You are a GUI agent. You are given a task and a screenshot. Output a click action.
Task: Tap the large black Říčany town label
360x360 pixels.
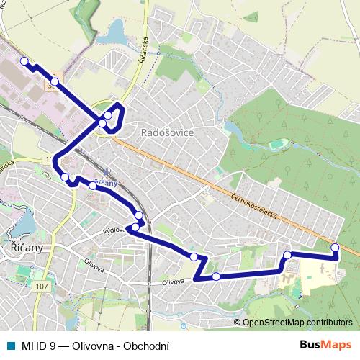pyautogui.click(x=27, y=246)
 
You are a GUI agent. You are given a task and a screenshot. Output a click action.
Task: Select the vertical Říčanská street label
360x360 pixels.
pyautogui.click(x=144, y=53)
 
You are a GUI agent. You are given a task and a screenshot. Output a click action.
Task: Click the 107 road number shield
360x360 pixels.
pyautogui.click(x=41, y=287)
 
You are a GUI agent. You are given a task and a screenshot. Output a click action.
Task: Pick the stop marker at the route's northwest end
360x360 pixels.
pyautogui.click(x=24, y=62)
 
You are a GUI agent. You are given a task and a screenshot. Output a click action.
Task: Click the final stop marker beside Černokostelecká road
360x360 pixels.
pyautogui.click(x=335, y=248)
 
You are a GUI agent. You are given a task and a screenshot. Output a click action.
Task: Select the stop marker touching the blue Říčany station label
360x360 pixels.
pyautogui.click(x=93, y=185)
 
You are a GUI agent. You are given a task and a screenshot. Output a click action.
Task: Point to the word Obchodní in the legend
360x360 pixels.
pyautogui.click(x=147, y=344)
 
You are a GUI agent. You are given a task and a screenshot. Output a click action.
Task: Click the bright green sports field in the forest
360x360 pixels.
pyautogui.click(x=276, y=145)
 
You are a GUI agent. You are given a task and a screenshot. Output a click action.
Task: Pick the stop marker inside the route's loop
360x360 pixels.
pyautogui.click(x=108, y=115)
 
